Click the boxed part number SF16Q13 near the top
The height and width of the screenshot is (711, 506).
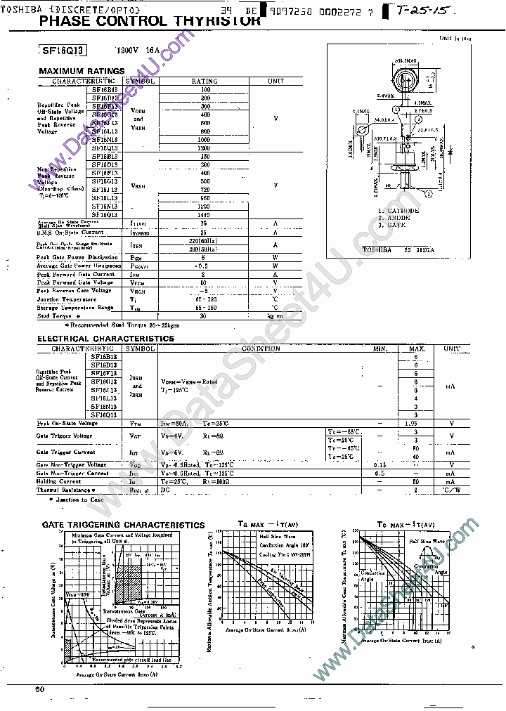tap(65, 51)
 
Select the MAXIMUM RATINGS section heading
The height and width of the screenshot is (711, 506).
tap(82, 71)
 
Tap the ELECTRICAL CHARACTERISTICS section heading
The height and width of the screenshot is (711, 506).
tap(105, 339)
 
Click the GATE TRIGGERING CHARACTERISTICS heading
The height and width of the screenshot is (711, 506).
tap(123, 525)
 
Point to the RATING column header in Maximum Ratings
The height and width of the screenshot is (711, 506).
tap(205, 81)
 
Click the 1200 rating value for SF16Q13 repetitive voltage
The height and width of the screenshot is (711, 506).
tap(205, 148)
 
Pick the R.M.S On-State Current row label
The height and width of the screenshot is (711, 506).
tap(70, 233)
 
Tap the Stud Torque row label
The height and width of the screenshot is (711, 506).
tap(54, 315)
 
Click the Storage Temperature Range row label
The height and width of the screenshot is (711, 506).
tap(75, 307)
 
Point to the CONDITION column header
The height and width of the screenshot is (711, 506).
tap(261, 348)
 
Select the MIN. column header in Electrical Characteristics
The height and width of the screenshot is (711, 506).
tap(380, 348)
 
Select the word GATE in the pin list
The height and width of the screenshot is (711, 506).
tap(396, 225)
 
